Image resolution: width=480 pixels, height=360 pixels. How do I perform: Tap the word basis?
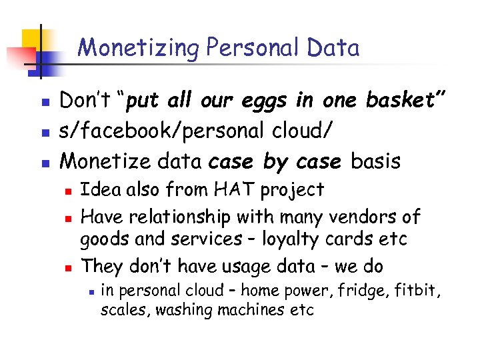[376, 161]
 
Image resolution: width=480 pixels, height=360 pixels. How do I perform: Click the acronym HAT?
[232, 190]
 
